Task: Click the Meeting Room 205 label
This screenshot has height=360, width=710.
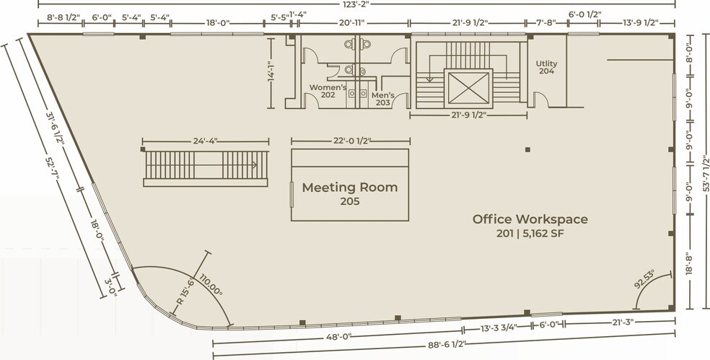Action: pos(349,193)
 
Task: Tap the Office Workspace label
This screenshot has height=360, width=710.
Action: pos(530,219)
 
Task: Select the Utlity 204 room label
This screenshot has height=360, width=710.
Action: pos(546,67)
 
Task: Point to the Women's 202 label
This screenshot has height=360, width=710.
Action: pos(328,91)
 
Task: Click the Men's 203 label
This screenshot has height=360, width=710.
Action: pos(382,99)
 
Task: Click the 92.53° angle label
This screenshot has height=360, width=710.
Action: pos(644,280)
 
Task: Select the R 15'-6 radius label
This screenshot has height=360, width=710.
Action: pos(185,292)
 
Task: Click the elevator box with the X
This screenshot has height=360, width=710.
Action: pos(468,87)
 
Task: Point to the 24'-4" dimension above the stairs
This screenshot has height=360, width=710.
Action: pos(206,141)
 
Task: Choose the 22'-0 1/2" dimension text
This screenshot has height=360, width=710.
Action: pos(351,141)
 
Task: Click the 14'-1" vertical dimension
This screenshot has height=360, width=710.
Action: pos(271,74)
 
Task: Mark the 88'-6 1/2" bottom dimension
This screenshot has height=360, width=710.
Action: pos(447,345)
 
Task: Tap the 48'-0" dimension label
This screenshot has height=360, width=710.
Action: pos(338,337)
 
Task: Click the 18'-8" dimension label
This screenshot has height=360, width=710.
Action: pos(689,263)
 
